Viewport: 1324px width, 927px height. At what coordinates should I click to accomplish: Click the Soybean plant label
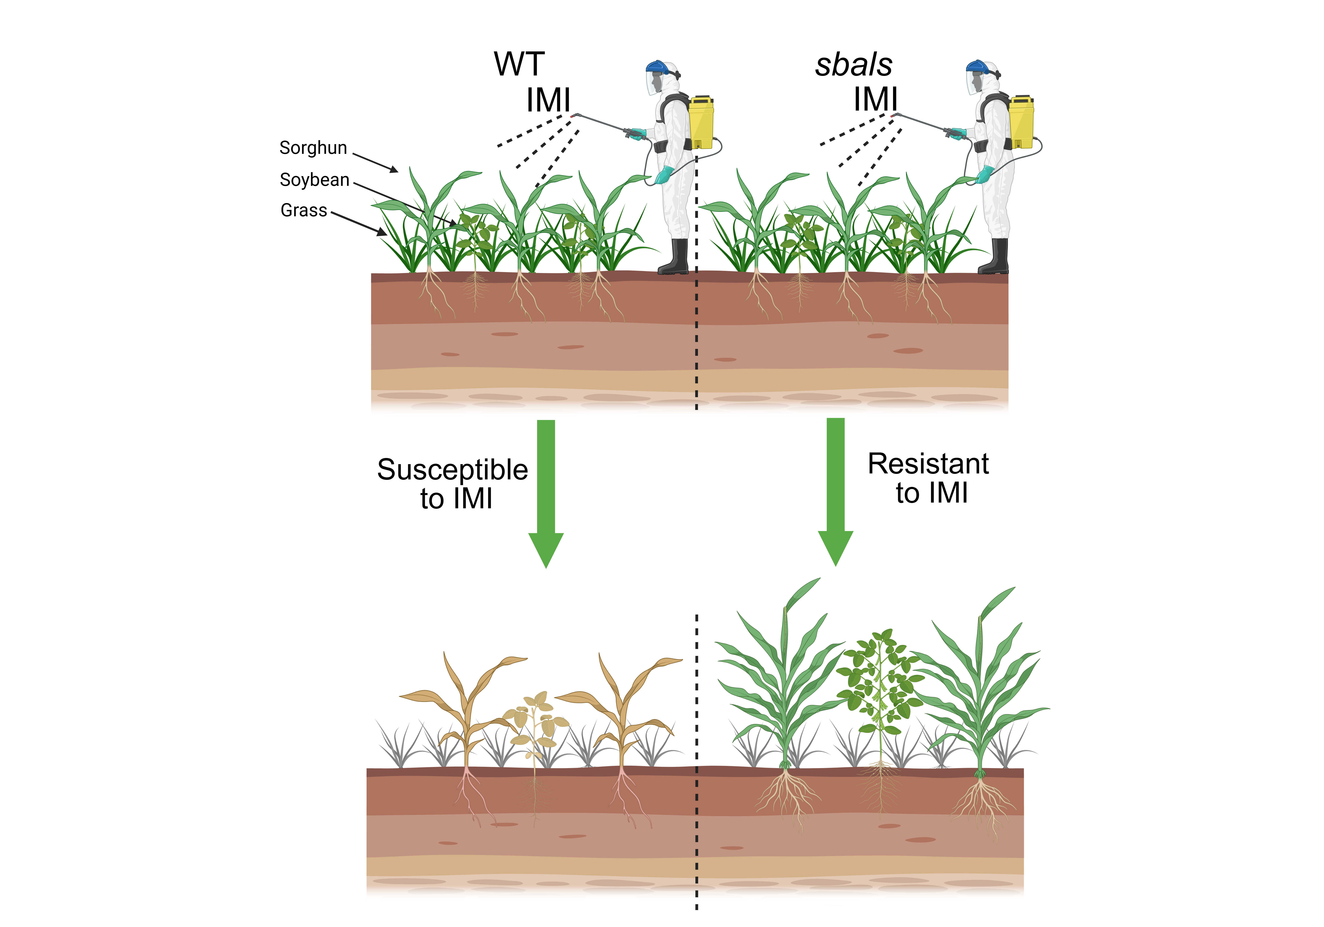(314, 180)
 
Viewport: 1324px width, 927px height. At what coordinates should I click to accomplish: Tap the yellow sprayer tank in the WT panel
(701, 123)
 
